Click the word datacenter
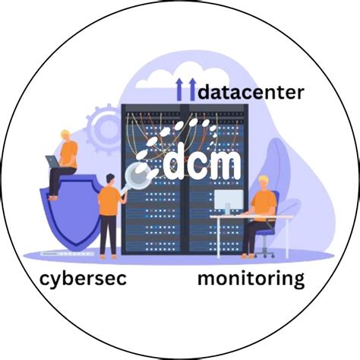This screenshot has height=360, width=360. [251, 93]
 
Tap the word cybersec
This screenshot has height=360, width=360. [83, 279]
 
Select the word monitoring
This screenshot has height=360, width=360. [251, 279]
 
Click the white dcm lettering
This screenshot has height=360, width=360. [202, 161]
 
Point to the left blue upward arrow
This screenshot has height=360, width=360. [179, 90]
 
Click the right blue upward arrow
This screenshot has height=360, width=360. [193, 90]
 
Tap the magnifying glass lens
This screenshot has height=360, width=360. [139, 175]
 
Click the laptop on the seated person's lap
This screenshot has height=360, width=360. [54, 162]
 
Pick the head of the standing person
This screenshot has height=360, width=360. [111, 180]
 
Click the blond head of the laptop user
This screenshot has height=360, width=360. [65, 136]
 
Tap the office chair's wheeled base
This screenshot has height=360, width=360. [264, 254]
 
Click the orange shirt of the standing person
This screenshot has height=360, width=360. [109, 201]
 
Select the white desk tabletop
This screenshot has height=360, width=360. [251, 217]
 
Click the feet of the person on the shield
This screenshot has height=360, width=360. [53, 198]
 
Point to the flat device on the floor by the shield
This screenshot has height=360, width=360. [68, 254]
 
